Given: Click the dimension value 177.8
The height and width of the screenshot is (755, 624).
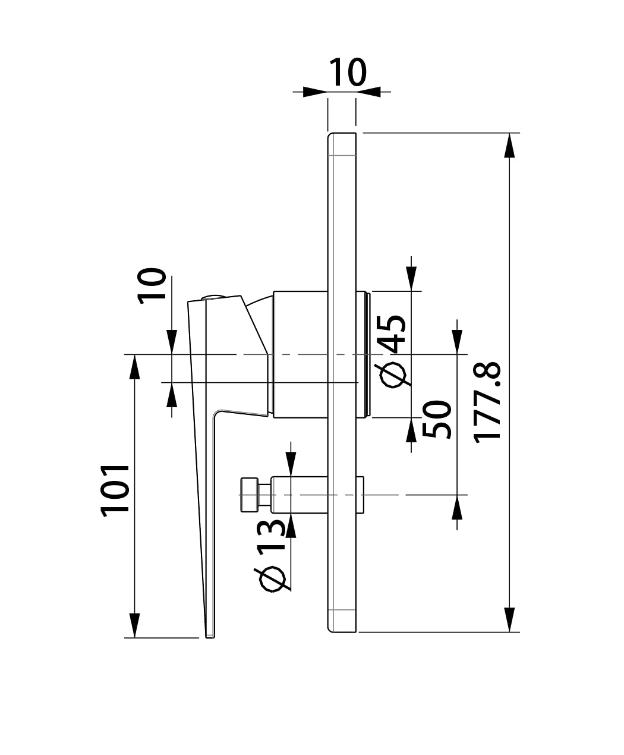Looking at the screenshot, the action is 487,402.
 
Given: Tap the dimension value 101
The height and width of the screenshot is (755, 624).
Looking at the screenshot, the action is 115,490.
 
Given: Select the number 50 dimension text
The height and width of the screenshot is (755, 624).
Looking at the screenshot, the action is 437,420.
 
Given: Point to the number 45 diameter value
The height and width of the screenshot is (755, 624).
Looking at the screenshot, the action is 393,334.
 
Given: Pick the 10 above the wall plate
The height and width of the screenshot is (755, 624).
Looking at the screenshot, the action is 348,73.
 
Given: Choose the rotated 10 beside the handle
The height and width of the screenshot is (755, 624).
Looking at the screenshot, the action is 152,286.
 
